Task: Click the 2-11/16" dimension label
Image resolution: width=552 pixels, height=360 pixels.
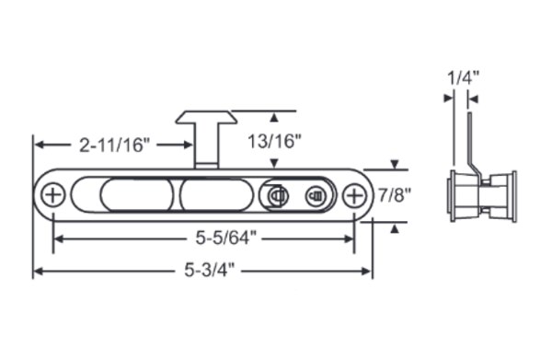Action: point(115,145)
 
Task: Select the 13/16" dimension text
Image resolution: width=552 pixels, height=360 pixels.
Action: point(275,141)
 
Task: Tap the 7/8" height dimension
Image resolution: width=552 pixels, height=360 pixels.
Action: point(395,195)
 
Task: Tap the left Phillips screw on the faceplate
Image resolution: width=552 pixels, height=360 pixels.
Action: point(53,195)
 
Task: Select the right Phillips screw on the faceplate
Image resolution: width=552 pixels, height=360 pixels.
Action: point(354,195)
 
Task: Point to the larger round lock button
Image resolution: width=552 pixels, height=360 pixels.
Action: point(275,195)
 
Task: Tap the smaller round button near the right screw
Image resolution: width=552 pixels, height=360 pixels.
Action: point(315,195)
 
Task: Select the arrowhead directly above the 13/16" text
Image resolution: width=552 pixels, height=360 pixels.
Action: point(274,117)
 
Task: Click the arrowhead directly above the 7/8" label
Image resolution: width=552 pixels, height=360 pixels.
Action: point(395,166)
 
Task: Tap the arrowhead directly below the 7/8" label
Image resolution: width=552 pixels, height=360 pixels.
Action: point(395,226)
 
